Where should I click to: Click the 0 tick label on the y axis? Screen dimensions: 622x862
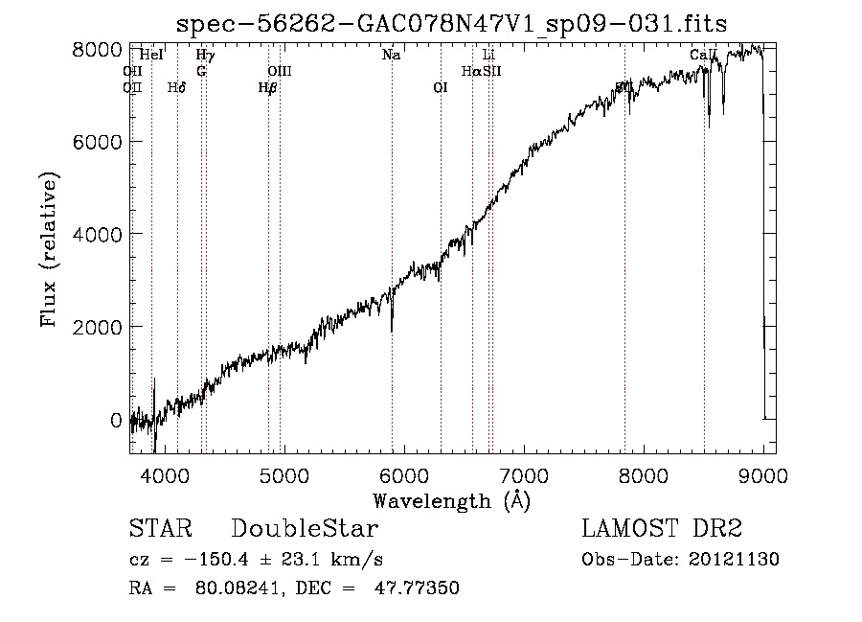[115, 420]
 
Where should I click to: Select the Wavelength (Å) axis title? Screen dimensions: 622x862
[452, 500]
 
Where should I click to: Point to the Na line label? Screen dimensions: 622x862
[391, 56]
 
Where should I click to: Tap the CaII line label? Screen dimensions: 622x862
[703, 56]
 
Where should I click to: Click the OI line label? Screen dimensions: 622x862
[441, 87]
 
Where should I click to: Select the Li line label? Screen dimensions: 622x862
[488, 56]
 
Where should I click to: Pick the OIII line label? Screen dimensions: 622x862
[279, 71]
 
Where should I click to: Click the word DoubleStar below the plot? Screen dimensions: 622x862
[306, 529]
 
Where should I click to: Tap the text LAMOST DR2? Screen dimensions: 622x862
[662, 529]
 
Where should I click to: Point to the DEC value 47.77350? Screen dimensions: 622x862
[420, 588]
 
